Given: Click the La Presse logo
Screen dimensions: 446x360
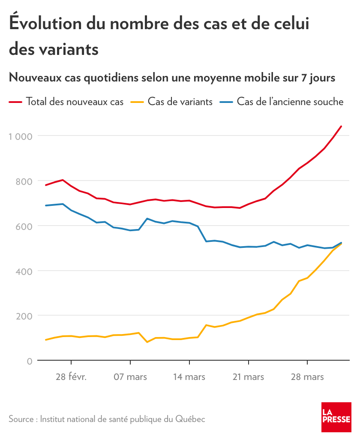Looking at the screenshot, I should point(336,417).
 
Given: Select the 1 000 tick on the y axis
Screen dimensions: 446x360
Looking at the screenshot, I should point(21,136).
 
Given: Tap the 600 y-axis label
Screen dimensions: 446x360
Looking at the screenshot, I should point(24,226).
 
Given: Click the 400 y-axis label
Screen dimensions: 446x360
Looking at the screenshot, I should point(24,271).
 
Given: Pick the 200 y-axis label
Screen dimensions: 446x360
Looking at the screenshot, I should point(24,316).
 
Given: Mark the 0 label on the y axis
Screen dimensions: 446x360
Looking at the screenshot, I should point(29,361).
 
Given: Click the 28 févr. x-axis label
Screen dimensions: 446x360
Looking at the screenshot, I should point(71,377).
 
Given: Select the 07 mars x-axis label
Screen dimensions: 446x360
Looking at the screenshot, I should point(130,377).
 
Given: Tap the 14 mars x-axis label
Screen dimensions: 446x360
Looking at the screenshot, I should point(189,377).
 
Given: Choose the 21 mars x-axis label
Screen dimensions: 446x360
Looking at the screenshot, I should point(249,377).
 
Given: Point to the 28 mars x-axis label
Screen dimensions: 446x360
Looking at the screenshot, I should point(308,377).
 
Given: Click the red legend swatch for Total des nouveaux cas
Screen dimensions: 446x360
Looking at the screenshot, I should point(15,102).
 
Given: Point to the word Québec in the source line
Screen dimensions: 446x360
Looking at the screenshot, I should point(190,419).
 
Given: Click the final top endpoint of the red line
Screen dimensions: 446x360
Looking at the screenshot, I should point(341,126).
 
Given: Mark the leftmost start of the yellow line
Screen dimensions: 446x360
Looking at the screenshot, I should point(46,340).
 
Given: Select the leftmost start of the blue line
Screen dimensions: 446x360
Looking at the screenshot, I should point(46,205).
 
